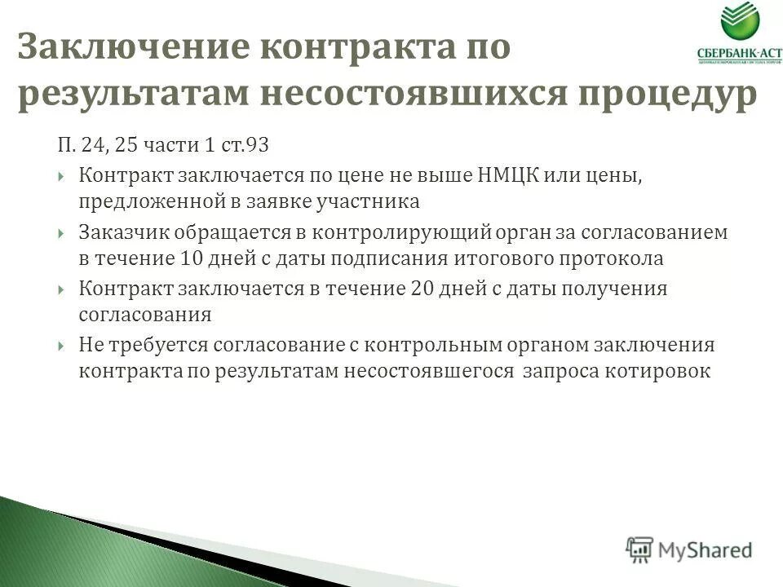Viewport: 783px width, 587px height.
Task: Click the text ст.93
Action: [245, 146]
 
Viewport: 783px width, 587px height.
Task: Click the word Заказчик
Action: [118, 232]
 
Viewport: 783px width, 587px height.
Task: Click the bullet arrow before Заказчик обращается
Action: [63, 233]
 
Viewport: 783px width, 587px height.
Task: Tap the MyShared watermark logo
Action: [689, 549]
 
